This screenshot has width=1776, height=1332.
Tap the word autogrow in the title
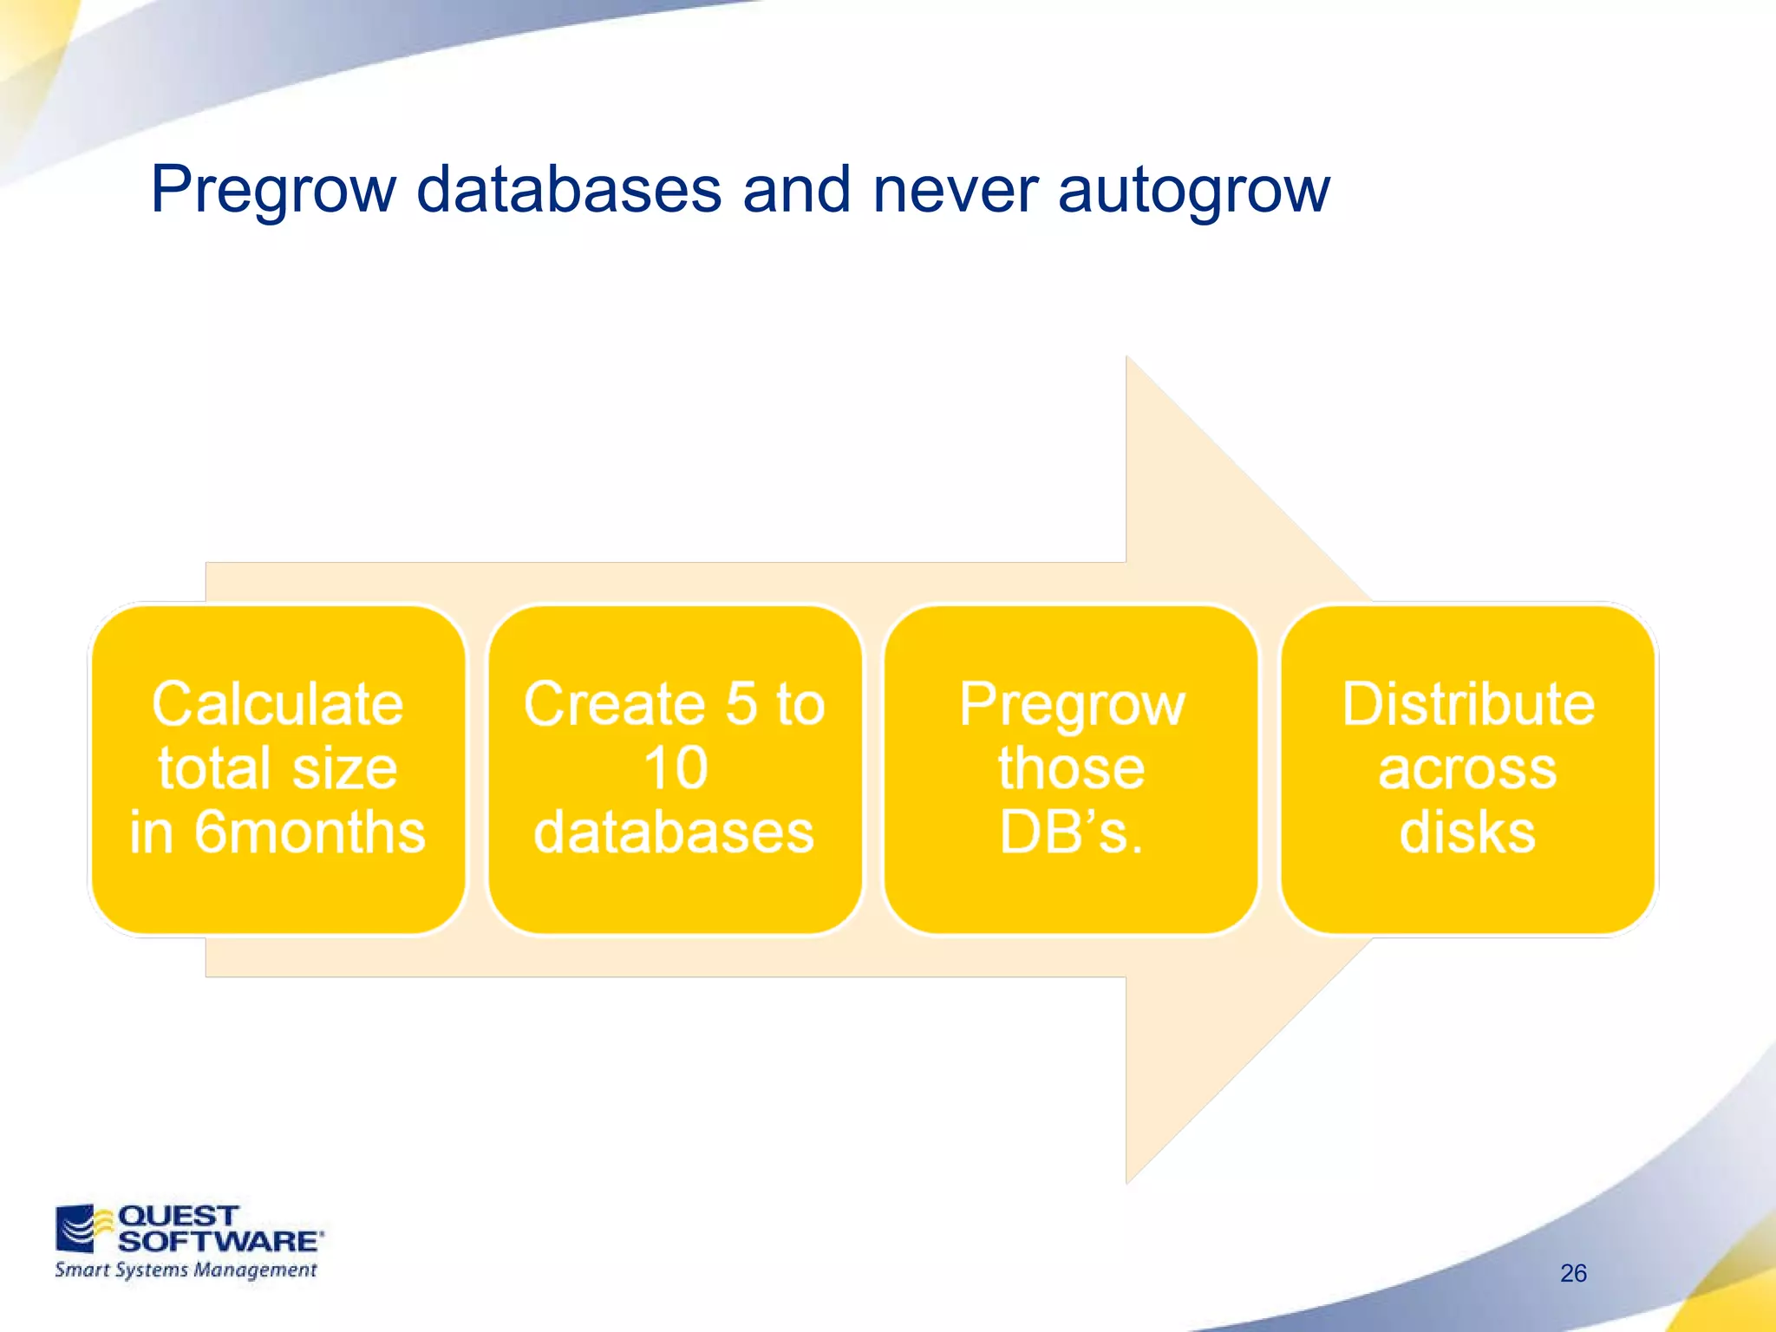pos(1193,191)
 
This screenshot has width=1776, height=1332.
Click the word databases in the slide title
pos(568,189)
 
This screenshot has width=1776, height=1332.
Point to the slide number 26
pos(1573,1273)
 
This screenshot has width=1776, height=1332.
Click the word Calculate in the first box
pos(277,703)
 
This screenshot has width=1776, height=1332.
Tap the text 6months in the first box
pos(310,832)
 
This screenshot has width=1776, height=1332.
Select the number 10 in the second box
pos(675,768)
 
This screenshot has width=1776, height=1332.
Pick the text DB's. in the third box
pos(1071,832)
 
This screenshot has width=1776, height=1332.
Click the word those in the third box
pos(1071,768)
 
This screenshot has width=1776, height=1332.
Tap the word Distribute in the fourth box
pos(1468,703)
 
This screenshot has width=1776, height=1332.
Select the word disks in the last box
pos(1468,832)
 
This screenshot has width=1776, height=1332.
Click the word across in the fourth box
pos(1468,768)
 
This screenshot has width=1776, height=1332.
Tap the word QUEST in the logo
pos(178,1216)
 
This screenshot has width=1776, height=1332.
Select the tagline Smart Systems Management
pos(186,1270)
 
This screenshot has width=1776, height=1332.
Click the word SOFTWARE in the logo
pos(219,1241)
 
